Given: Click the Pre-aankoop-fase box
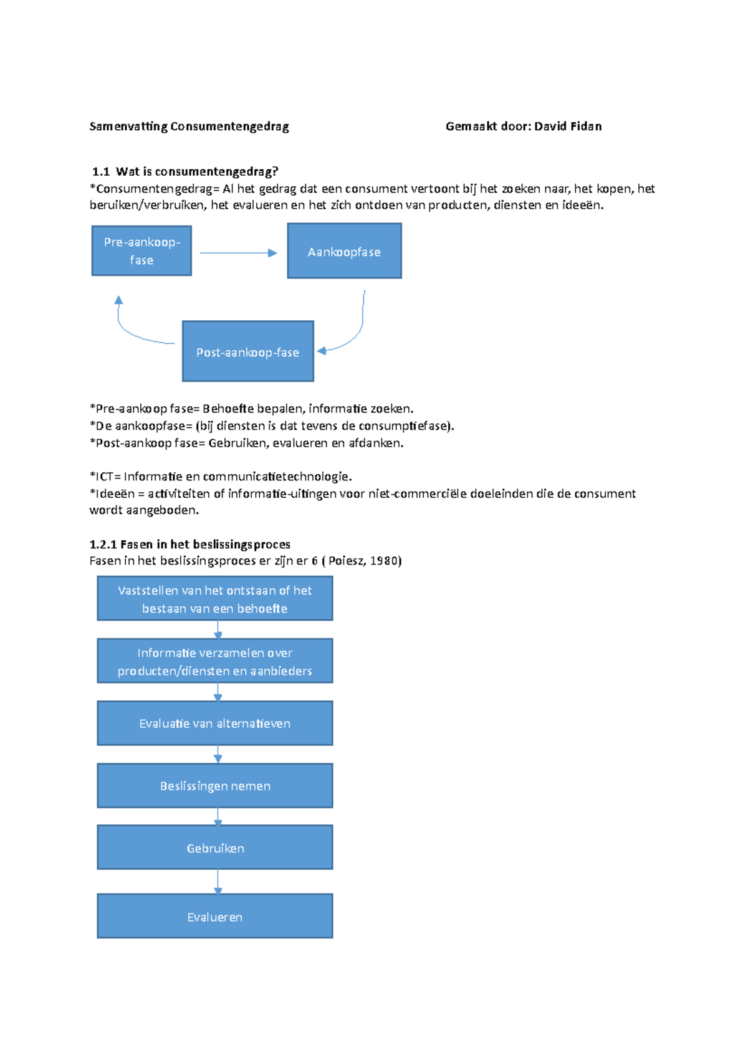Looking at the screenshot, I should pyautogui.click(x=141, y=250).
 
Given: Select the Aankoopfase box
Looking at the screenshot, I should pyautogui.click(x=344, y=251).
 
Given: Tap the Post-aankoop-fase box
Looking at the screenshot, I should pyautogui.click(x=247, y=351).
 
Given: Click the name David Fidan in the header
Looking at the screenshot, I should pyautogui.click(x=568, y=126).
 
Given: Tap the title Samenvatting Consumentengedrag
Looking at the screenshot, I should pyautogui.click(x=189, y=126).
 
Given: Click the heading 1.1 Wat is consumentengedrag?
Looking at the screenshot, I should pyautogui.click(x=185, y=171).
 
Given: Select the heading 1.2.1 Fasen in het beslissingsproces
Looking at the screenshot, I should pyautogui.click(x=189, y=544).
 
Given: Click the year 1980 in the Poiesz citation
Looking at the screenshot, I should pyautogui.click(x=383, y=561).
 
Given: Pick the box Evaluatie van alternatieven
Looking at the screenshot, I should pyautogui.click(x=214, y=723).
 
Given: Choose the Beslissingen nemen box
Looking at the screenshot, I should pyautogui.click(x=214, y=786).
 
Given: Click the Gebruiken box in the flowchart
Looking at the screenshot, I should pyautogui.click(x=214, y=848).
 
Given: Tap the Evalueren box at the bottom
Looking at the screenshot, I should pyautogui.click(x=214, y=917).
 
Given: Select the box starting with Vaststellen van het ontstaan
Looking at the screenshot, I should pyautogui.click(x=214, y=599).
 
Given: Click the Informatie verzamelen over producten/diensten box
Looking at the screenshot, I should pyautogui.click(x=214, y=661).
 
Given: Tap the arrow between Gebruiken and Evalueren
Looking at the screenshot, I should pyautogui.click(x=218, y=882).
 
